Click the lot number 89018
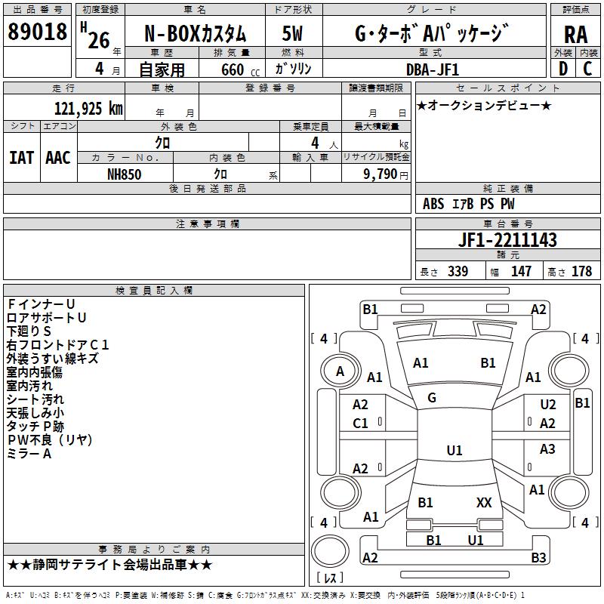37,32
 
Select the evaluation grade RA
576,35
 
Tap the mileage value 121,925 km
88,109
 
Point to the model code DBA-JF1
433,69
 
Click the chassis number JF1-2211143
507,239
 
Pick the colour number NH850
125,174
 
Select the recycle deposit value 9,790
381,174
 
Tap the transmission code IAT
21,158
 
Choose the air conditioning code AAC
58,158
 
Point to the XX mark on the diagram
484,502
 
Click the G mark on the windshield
432,398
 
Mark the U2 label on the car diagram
548,404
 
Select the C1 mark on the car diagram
360,424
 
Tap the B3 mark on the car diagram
538,557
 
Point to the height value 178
581,271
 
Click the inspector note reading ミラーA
29,454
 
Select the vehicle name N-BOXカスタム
196,34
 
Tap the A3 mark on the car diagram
547,448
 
